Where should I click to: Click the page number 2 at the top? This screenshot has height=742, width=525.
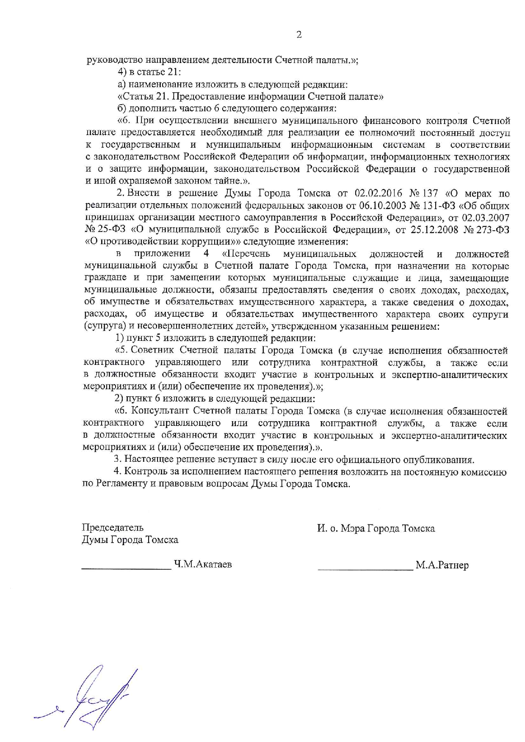coord(299,35)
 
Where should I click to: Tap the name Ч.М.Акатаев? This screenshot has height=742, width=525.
coord(203,564)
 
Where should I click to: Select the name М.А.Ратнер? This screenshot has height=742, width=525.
coord(442,565)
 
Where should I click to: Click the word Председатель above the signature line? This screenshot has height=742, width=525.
coord(113,527)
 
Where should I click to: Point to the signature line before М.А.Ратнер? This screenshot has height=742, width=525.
coord(365,570)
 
